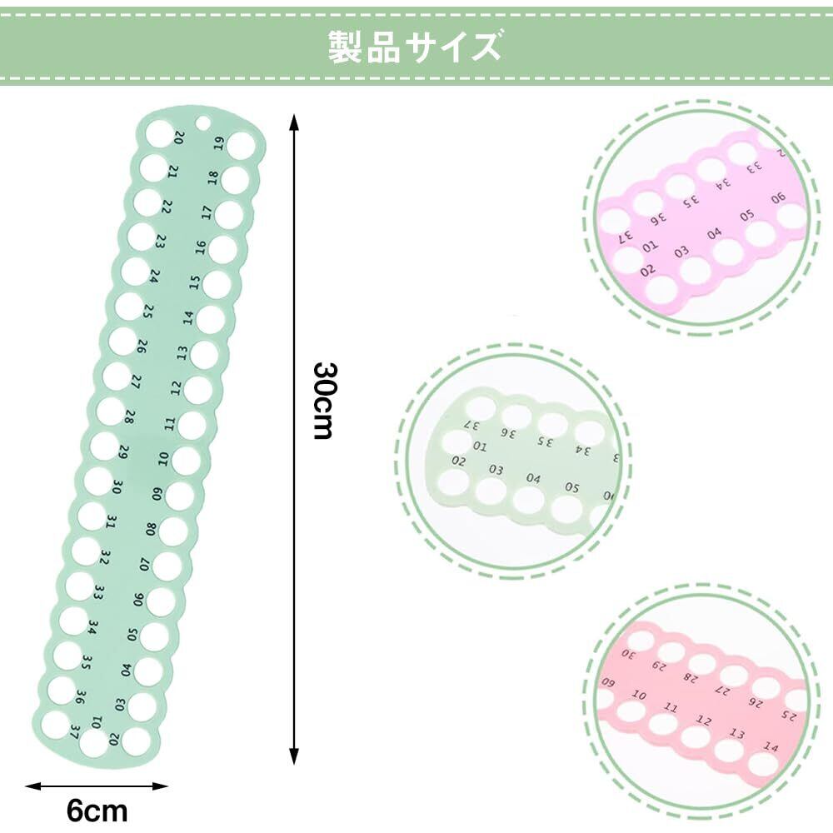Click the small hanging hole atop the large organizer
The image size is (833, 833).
202,124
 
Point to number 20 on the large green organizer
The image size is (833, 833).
178,137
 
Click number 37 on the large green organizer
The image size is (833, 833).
75,733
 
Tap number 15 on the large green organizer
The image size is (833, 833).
194,282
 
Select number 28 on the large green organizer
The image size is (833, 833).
129,416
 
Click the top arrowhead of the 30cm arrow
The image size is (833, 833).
293,122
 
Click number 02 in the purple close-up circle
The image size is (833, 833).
648,271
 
